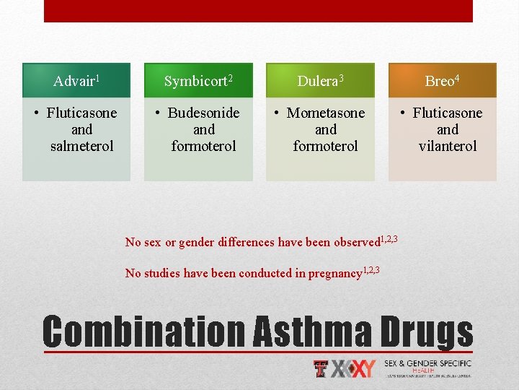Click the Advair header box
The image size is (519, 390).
tap(76, 80)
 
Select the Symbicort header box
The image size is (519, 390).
tap(198, 80)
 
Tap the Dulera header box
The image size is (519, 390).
tap(320, 80)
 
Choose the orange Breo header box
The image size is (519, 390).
tap(442, 80)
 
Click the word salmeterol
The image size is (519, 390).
tap(81, 146)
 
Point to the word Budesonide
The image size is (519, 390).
tap(203, 113)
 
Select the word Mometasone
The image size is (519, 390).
tap(326, 113)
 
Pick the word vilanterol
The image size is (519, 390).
tap(448, 146)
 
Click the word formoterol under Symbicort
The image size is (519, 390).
tap(203, 146)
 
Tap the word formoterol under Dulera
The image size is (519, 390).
tap(326, 146)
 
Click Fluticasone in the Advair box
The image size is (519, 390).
tap(81, 113)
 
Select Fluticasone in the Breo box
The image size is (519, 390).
tap(448, 113)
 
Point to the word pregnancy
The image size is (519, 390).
tap(334, 273)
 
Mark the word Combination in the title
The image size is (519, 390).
tap(144, 331)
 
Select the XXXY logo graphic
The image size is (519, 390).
tap(353, 368)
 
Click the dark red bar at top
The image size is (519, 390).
tap(258, 11)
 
